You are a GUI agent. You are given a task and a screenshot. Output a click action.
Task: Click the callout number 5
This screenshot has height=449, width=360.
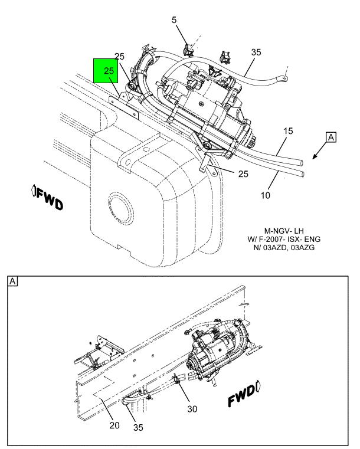174,20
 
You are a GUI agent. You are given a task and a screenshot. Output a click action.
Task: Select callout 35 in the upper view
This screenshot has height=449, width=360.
256,52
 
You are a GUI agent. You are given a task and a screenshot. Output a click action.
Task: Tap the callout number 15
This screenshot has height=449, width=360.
288,131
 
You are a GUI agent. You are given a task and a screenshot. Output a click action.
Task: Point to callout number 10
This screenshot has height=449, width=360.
265,195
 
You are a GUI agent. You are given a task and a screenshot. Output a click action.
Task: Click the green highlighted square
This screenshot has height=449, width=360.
106,71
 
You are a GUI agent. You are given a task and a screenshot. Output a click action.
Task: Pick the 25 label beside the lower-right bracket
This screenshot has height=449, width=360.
243,174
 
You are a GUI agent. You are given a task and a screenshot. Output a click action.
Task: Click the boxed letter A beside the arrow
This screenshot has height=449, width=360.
331,137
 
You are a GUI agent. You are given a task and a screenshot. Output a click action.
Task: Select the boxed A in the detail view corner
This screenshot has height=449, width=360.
12,281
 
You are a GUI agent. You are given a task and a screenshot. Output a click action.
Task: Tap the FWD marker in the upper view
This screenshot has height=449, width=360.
47,197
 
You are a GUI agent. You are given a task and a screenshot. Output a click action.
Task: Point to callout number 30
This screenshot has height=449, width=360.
192,409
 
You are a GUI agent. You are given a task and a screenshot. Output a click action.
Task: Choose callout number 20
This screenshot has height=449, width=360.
114,425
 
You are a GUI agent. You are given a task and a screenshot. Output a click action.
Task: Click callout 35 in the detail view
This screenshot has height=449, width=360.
138,427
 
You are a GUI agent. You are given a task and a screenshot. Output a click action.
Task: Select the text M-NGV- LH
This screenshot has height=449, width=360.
284,231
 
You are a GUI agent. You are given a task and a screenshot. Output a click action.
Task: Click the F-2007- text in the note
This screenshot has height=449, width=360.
270,239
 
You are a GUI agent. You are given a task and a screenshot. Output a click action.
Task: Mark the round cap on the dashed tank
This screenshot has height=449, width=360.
121,208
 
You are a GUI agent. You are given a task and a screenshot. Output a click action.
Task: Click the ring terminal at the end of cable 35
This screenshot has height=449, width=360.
284,77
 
